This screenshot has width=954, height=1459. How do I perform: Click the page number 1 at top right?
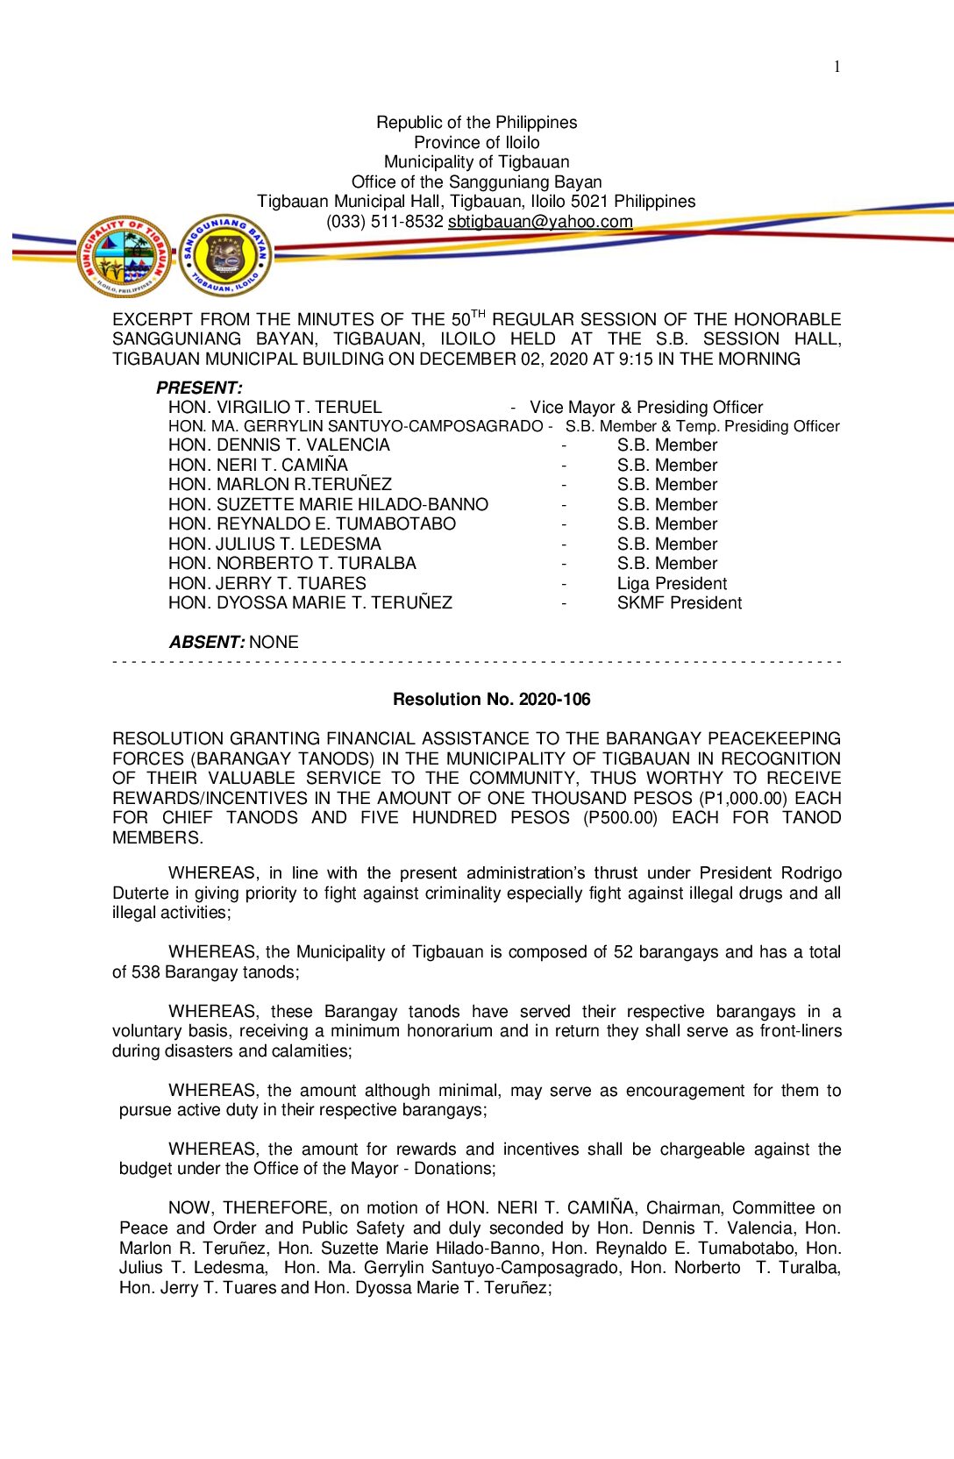(x=837, y=67)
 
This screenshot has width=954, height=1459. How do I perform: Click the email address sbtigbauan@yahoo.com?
(x=540, y=222)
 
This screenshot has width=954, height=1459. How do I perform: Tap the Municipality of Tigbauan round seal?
(x=125, y=257)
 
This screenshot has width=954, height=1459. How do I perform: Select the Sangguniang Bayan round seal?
(x=225, y=255)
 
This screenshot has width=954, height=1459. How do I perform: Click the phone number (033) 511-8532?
(x=384, y=222)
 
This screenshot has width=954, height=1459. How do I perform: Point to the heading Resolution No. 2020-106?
(x=491, y=700)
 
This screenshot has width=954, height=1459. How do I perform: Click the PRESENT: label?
(x=199, y=388)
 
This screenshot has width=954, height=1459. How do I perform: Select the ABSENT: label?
(x=207, y=643)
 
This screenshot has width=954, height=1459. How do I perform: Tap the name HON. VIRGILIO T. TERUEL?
(x=274, y=408)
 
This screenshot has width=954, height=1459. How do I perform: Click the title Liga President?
(x=672, y=584)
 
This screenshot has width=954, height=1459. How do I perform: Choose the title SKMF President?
(x=679, y=603)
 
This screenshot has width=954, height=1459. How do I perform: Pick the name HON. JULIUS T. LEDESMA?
(x=274, y=544)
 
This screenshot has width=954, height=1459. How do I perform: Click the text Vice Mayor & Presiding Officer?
(x=646, y=408)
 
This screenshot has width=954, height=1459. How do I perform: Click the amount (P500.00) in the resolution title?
(x=620, y=818)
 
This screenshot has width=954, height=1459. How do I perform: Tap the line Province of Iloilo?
(x=476, y=142)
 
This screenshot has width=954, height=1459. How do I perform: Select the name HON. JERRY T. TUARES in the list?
(x=267, y=584)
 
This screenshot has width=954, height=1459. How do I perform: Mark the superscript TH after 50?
(x=478, y=314)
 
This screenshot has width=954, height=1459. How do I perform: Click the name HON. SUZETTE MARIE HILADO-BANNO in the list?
(x=328, y=505)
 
